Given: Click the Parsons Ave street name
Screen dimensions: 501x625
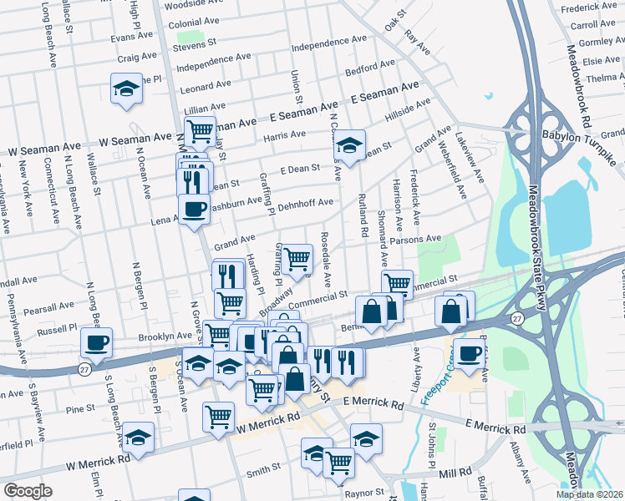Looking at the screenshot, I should (419, 239).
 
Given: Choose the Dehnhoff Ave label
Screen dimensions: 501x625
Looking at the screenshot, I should (305, 203).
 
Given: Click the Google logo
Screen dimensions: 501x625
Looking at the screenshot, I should (28, 491).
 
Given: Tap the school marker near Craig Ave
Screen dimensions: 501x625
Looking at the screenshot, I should (126, 88).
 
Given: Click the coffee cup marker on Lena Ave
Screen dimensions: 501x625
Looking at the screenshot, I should (194, 209).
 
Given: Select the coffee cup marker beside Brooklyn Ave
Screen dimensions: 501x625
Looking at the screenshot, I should (96, 342).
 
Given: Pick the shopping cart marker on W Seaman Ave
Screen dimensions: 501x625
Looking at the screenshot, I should (200, 130).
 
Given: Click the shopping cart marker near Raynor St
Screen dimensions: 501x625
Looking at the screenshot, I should (338, 462).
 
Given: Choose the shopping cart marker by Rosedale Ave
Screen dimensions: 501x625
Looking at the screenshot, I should (297, 259).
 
